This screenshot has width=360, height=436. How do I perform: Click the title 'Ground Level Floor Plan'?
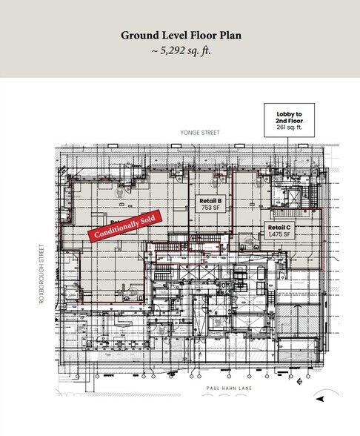(x=180, y=35)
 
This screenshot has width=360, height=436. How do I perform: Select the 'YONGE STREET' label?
(x=190, y=133)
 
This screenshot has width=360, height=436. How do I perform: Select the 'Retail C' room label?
(x=280, y=228)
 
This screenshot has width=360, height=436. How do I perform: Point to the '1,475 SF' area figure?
(x=280, y=235)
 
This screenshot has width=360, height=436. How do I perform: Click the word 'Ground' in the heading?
(x=136, y=35)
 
